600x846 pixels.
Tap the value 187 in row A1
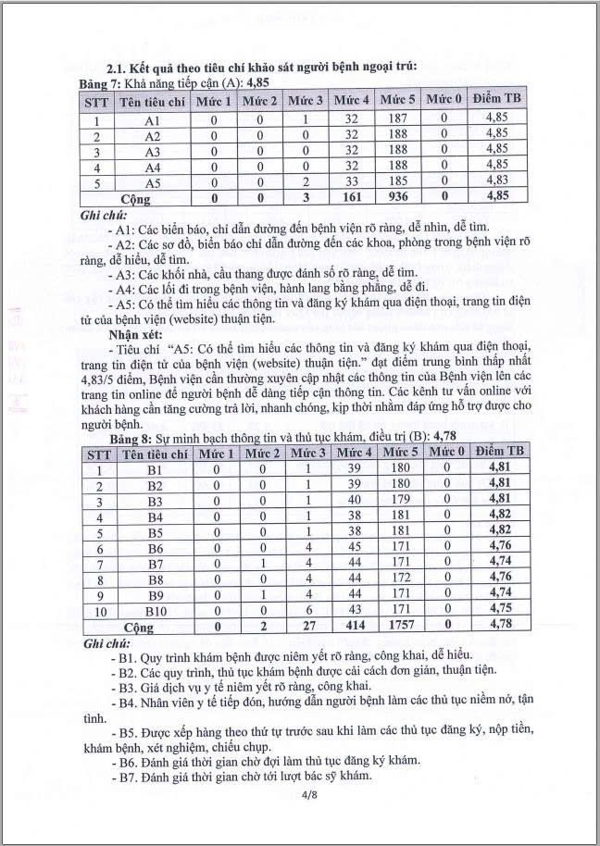tap(397, 120)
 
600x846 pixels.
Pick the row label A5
tap(153, 182)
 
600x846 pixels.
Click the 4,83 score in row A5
tap(496, 182)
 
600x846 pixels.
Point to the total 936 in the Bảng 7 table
tap(397, 198)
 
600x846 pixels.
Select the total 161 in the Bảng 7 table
tap(351, 198)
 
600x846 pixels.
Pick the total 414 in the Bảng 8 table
tap(353, 627)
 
